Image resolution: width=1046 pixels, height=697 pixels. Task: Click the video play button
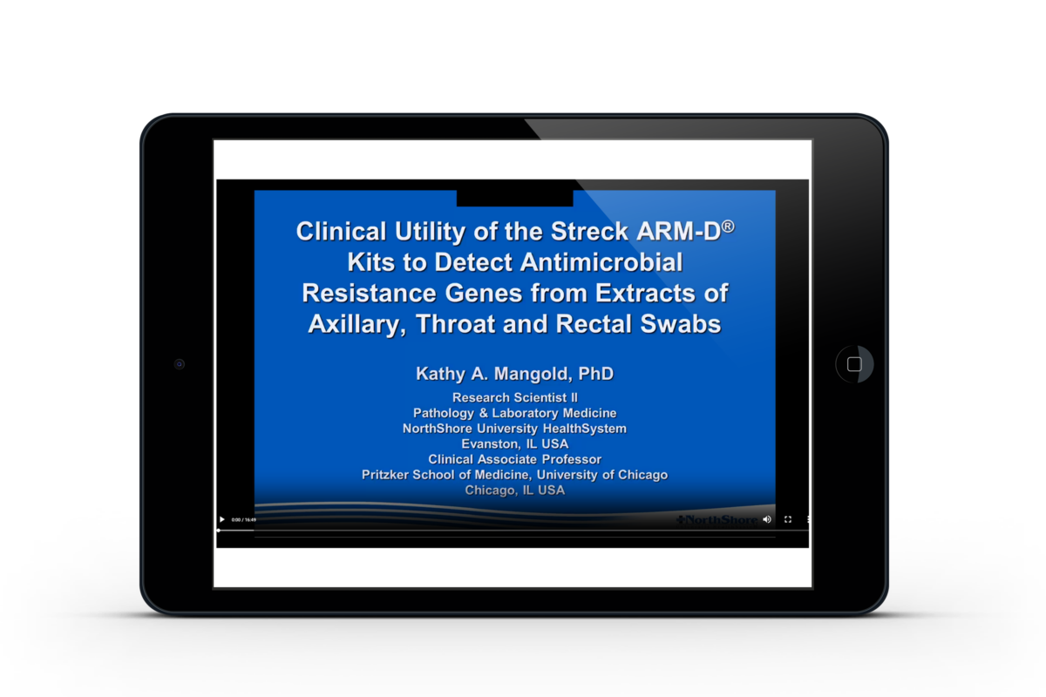[222, 519]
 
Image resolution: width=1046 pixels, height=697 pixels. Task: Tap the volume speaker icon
[767, 519]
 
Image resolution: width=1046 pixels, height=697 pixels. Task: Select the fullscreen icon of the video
[788, 519]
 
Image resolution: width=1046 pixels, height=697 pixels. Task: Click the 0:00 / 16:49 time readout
[243, 519]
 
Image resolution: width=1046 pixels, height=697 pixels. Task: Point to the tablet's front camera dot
[180, 364]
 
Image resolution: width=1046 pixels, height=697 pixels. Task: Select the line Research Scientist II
[515, 397]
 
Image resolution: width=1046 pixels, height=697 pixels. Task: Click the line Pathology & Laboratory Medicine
[515, 413]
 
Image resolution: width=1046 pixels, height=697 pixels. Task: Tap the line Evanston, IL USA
[515, 443]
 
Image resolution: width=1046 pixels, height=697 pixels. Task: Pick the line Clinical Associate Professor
[515, 459]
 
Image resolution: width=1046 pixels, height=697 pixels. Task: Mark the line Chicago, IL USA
[515, 491]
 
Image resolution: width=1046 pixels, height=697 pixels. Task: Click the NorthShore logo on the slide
[717, 520]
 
